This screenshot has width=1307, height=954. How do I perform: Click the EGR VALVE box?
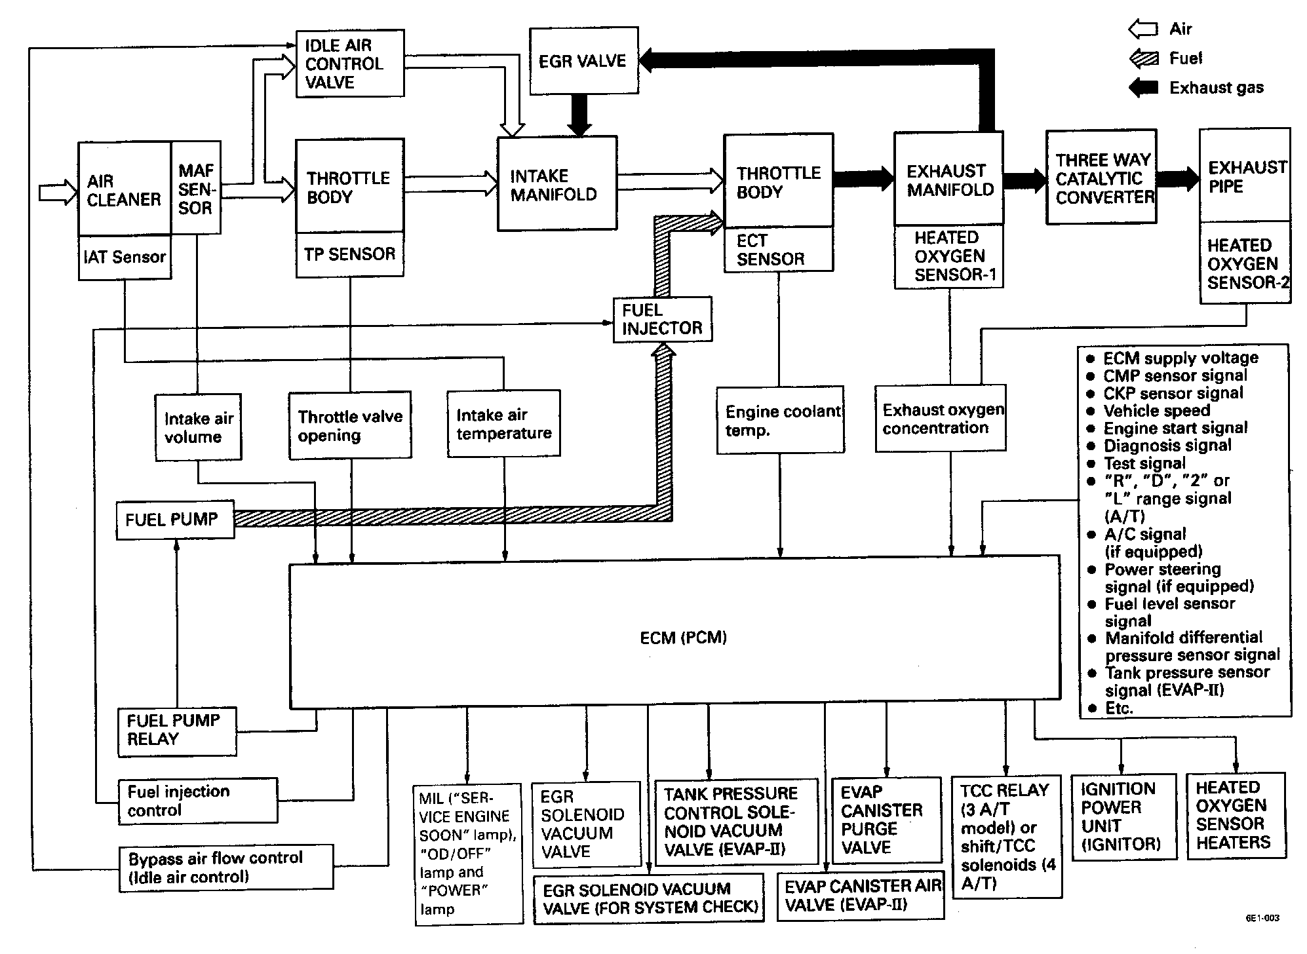[x=583, y=61]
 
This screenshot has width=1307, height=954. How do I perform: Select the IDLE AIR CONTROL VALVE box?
[x=349, y=64]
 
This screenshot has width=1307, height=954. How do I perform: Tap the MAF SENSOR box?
[x=195, y=189]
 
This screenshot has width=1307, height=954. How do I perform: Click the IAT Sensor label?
[x=125, y=258]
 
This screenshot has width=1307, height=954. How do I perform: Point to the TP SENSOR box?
[x=349, y=254]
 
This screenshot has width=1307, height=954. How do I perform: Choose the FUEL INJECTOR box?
[x=662, y=319]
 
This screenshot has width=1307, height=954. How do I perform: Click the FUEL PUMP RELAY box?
[x=176, y=731]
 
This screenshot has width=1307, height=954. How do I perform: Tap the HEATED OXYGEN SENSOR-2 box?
[x=1245, y=263]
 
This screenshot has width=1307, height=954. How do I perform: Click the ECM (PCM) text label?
[x=683, y=638]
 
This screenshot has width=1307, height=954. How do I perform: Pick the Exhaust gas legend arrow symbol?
[x=1143, y=87]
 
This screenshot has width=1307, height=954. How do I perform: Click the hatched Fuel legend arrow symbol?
[x=1143, y=58]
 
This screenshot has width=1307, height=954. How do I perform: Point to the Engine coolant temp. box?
[x=780, y=421]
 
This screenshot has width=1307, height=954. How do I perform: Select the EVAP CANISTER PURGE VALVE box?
[x=886, y=820]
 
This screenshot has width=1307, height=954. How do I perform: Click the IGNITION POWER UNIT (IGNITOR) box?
[x=1120, y=816]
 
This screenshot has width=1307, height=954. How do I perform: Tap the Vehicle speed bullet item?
[x=1156, y=411]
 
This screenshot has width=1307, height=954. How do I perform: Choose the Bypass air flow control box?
[x=225, y=868]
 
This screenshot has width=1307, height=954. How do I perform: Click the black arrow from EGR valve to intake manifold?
[x=579, y=115]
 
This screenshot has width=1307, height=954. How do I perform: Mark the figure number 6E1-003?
[x=1262, y=918]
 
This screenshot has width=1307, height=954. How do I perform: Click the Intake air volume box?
[x=198, y=427]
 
